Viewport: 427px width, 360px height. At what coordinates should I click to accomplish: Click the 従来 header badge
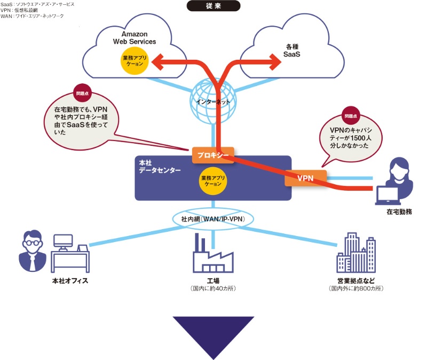click(213, 6)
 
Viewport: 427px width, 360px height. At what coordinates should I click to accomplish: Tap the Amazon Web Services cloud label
click(135, 37)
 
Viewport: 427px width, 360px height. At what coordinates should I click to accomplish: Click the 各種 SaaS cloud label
click(291, 51)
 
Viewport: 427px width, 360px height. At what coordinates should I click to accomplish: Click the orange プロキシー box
click(213, 155)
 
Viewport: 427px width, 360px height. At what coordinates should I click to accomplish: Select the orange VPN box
click(305, 178)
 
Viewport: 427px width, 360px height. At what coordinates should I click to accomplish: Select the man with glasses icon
click(31, 251)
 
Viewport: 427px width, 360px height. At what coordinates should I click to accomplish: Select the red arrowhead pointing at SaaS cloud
click(275, 63)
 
